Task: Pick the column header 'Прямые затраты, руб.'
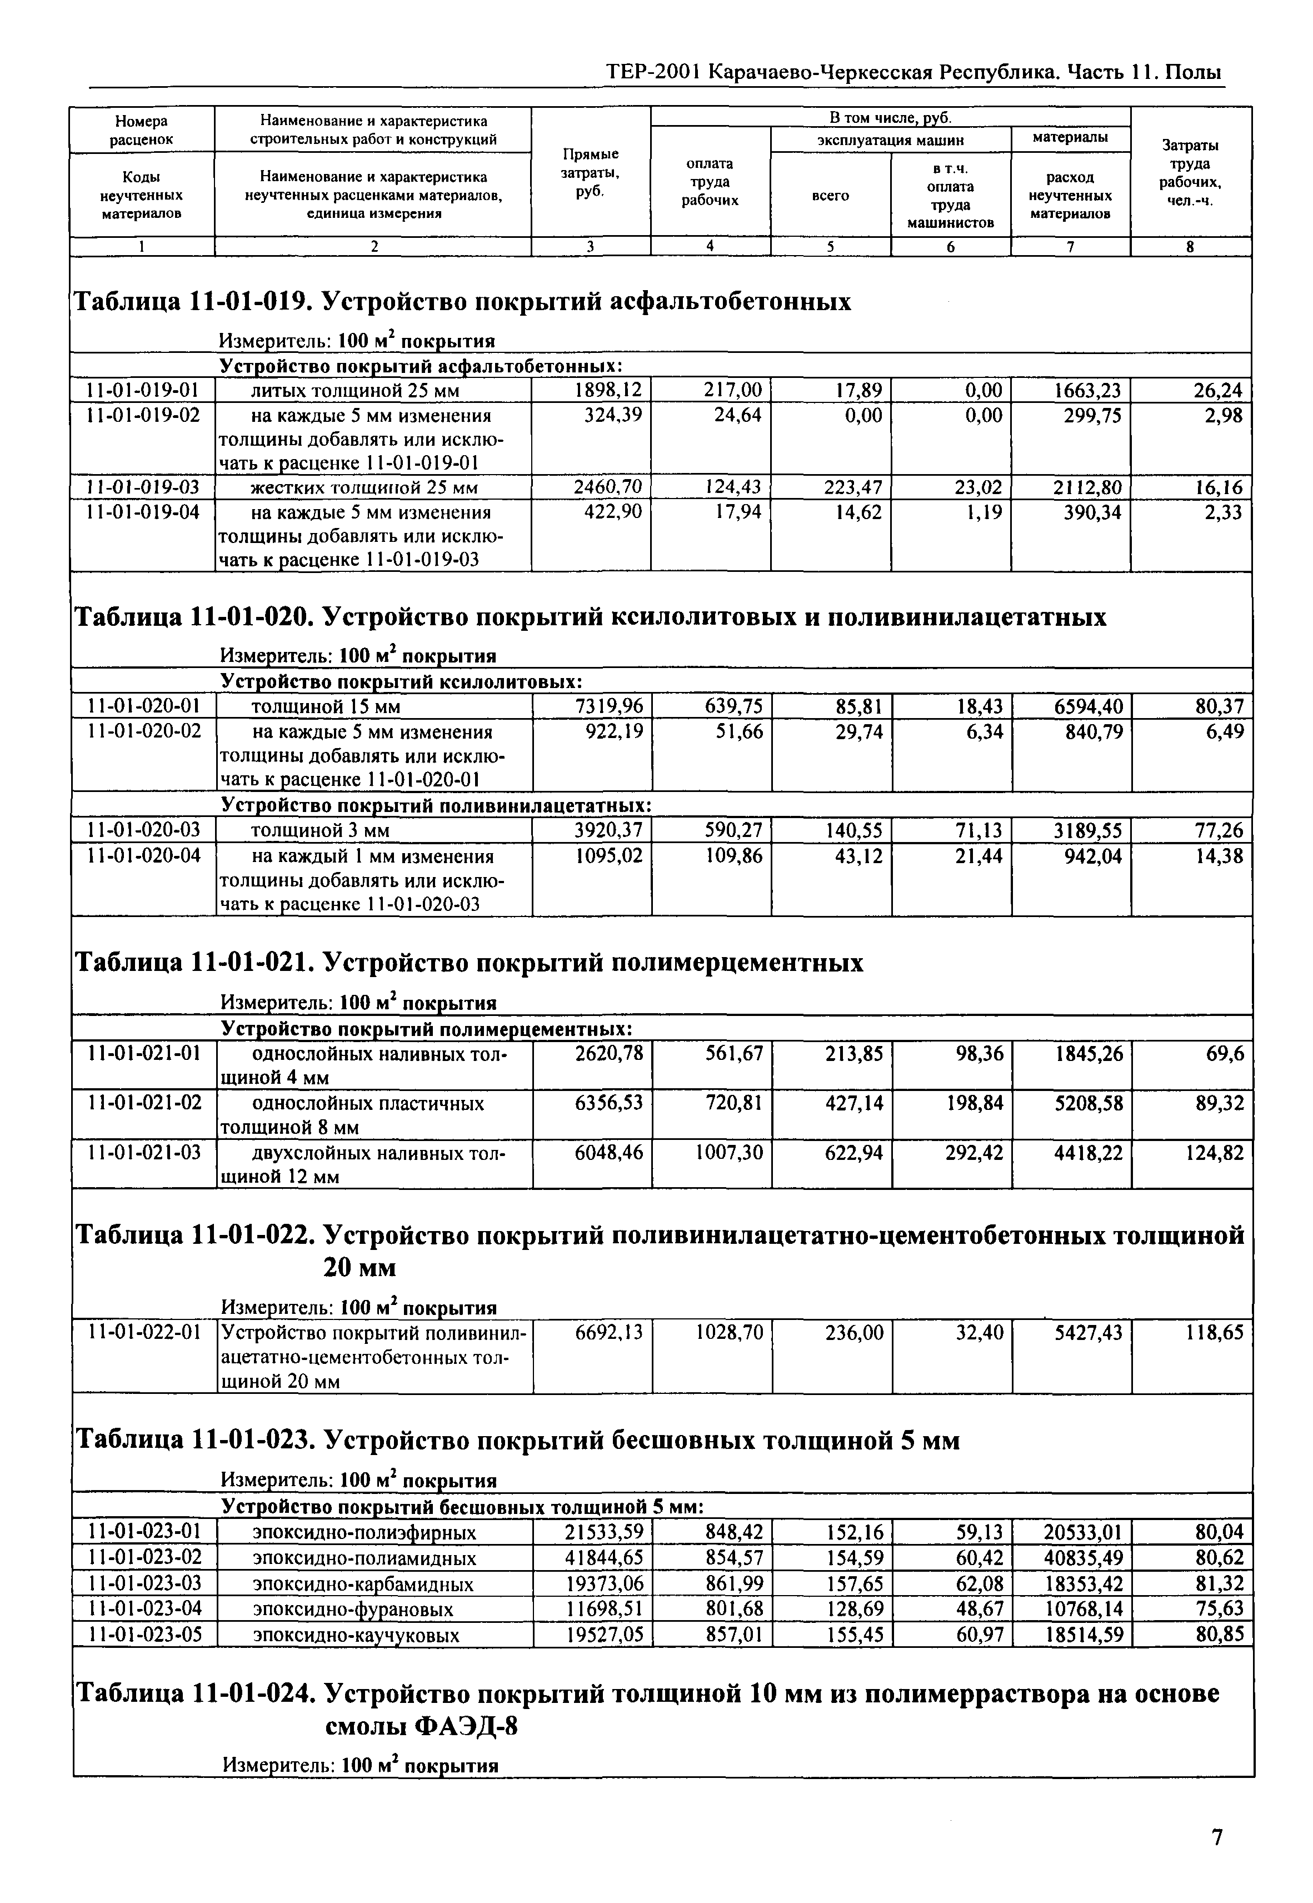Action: pyautogui.click(x=590, y=173)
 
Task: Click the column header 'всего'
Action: pyautogui.click(x=830, y=196)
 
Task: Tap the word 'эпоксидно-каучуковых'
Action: pyautogui.click(x=356, y=1635)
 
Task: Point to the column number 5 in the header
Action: pyautogui.click(x=830, y=246)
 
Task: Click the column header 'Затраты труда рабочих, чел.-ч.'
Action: pyautogui.click(x=1190, y=173)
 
